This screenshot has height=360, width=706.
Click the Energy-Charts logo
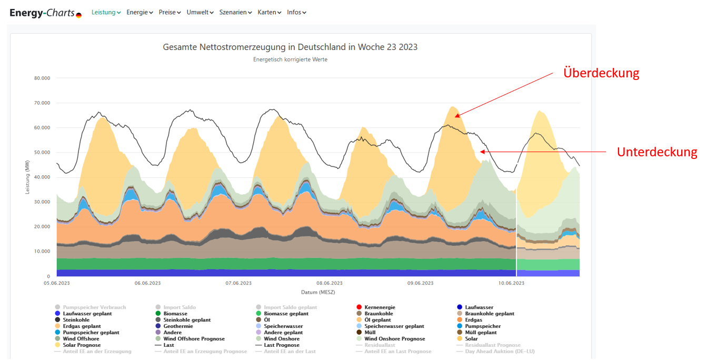[45, 13]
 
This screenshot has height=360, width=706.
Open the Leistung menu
[106, 12]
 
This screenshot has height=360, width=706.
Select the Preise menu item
[170, 12]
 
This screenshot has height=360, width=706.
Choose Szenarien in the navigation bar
[235, 12]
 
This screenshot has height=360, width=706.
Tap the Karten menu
[269, 12]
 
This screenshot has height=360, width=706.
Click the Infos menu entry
[296, 12]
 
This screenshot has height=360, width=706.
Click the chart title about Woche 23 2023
[290, 47]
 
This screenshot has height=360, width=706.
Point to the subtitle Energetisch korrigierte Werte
[290, 59]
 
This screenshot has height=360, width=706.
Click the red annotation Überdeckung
[601, 73]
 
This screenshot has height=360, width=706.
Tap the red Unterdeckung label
[657, 152]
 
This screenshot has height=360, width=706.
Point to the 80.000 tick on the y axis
[41, 78]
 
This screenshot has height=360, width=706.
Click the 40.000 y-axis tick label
[41, 177]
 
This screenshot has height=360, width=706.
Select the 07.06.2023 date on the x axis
[238, 283]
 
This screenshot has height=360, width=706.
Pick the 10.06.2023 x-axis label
[511, 283]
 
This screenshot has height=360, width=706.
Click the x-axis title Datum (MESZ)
[317, 292]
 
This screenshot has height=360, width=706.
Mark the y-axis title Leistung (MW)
[27, 177]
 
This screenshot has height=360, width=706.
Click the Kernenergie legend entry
[379, 307]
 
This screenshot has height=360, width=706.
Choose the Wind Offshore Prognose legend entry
[194, 339]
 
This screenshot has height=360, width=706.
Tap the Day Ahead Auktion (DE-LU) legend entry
[499, 352]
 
